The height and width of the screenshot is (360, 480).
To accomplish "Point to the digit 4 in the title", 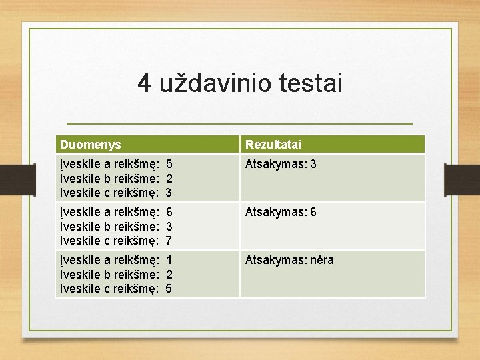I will [x=145, y=84].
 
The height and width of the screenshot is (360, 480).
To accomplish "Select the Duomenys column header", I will [x=90, y=144].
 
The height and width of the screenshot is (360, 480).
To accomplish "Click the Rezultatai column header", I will [x=273, y=144].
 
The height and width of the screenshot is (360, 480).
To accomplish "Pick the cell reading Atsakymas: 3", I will [x=281, y=163].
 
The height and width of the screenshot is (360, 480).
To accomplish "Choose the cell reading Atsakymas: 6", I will [x=281, y=212].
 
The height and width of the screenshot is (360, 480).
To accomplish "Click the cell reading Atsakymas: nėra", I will [x=289, y=260].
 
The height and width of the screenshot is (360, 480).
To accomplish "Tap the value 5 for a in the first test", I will [x=169, y=163].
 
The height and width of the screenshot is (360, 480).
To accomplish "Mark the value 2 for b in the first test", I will [x=169, y=178].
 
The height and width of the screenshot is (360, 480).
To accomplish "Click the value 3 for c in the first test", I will [x=169, y=193].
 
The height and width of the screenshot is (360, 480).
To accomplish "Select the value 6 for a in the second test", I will [x=169, y=212].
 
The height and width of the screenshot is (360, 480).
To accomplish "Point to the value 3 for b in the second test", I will [x=169, y=226].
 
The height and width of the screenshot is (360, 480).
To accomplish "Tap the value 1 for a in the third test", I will [x=169, y=260].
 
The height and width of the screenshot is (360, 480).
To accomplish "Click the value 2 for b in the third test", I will [x=169, y=274].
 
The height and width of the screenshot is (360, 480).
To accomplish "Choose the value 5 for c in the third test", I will [x=169, y=289].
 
